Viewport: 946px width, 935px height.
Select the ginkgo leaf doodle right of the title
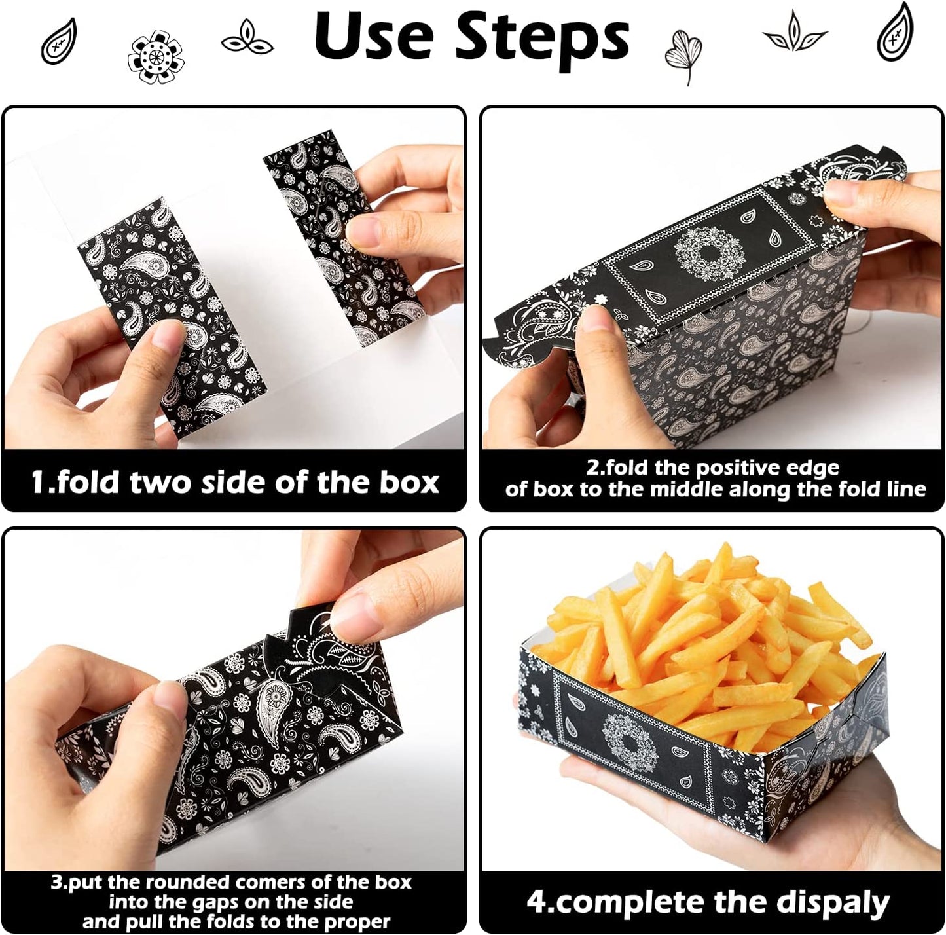(680, 56)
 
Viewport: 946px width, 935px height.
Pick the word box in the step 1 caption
(406, 483)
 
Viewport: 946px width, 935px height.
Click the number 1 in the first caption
(39, 483)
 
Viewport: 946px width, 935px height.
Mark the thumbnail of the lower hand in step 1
(166, 342)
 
